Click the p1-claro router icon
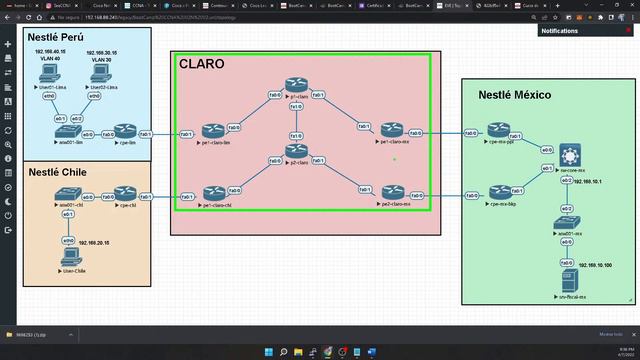click(x=295, y=85)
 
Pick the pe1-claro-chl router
click(x=213, y=193)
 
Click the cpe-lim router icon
click(x=123, y=132)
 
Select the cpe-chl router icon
click(x=123, y=194)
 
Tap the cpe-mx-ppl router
click(x=499, y=131)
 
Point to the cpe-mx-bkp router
click(x=499, y=191)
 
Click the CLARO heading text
click(x=201, y=64)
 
